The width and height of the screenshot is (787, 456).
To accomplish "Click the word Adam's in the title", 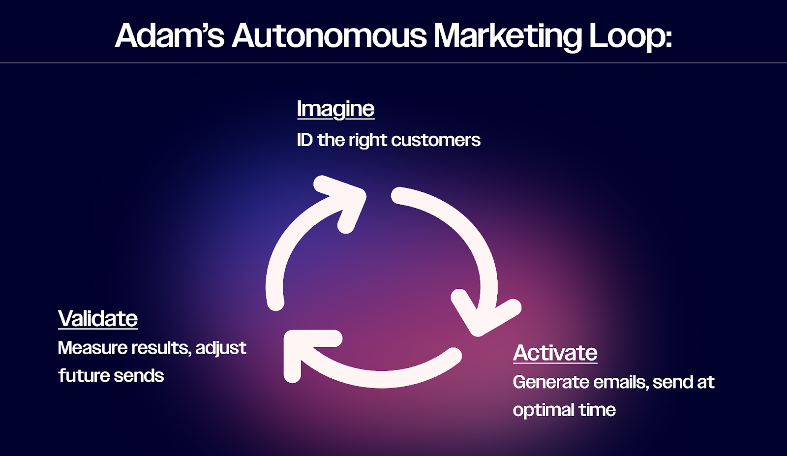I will [x=170, y=35].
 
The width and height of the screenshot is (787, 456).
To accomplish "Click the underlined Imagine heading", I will [x=335, y=109].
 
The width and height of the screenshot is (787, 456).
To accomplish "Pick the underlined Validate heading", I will [x=98, y=318].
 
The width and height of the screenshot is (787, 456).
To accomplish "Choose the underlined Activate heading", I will [x=555, y=353].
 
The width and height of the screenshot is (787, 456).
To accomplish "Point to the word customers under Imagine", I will [x=436, y=140].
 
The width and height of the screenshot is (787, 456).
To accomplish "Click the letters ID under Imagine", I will [x=305, y=140].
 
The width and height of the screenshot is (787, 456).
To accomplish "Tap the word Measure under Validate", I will [x=92, y=348].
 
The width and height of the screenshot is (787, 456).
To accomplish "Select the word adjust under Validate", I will [x=221, y=348].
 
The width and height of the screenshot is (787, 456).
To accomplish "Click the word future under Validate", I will [x=83, y=376].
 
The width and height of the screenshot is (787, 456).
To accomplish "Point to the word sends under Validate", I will [x=139, y=376].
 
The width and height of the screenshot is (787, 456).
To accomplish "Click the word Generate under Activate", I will [x=550, y=382].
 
